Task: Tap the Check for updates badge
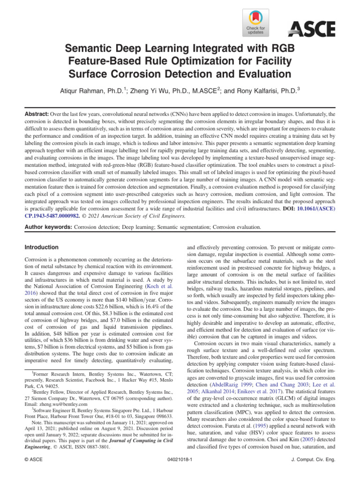(x=255, y=23)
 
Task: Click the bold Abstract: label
(x=38, y=114)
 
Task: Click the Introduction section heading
(x=42, y=247)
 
